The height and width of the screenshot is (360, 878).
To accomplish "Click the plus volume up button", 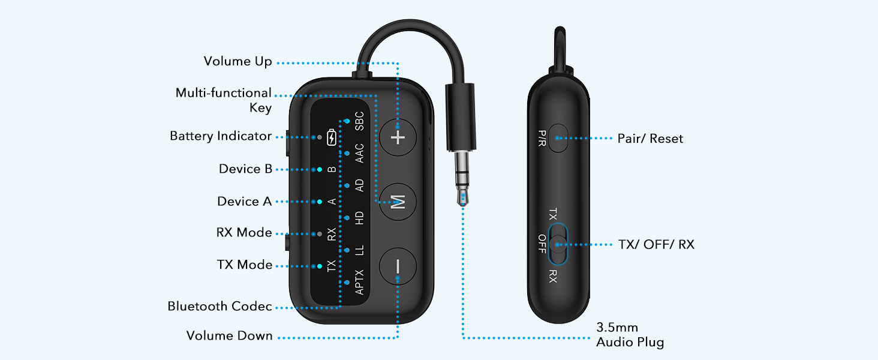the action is (398, 137).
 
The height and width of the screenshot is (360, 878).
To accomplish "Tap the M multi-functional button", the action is (398, 202).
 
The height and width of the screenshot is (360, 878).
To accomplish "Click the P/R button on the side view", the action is (558, 138).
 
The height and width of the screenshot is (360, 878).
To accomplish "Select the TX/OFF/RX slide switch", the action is (558, 244).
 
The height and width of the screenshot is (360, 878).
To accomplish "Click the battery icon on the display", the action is (332, 138).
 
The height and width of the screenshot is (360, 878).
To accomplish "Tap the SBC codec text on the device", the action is (359, 121).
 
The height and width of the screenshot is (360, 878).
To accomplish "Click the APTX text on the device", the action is (359, 283).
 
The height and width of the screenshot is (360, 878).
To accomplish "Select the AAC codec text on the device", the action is (359, 154).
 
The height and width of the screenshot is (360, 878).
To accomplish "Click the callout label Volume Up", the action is (237, 61).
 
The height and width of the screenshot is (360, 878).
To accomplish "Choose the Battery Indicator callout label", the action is (221, 136).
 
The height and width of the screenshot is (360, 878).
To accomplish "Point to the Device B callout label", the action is (245, 169).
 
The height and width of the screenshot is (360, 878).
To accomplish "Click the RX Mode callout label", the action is (244, 233).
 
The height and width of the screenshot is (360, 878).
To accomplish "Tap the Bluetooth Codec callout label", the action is (220, 307).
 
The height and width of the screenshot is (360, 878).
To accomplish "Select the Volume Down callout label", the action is (229, 336).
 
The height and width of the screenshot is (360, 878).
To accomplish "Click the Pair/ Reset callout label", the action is (650, 139).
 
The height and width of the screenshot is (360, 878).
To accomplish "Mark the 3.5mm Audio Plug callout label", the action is (630, 335).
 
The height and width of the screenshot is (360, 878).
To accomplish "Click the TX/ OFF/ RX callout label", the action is (656, 245).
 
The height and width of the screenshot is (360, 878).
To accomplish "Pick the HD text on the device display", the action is (359, 218).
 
